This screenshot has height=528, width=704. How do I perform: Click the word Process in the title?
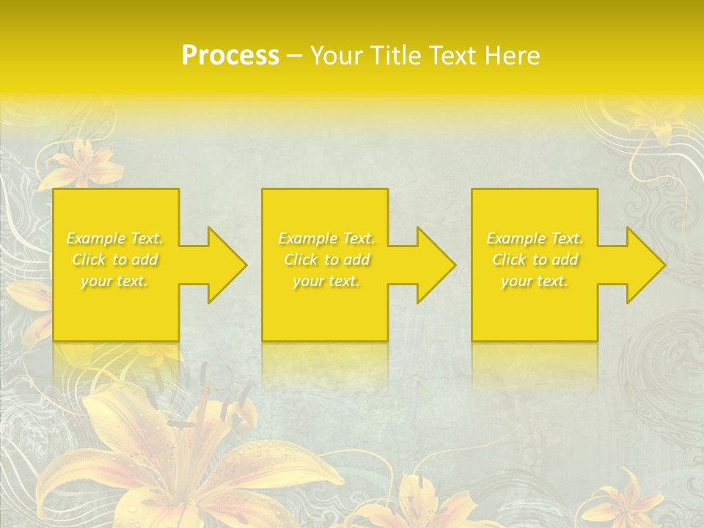230,56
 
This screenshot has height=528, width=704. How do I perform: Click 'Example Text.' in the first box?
114,238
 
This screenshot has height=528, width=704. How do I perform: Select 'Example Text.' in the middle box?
326,238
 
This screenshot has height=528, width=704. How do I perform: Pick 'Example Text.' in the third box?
535,238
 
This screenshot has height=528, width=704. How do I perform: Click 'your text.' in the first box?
114,281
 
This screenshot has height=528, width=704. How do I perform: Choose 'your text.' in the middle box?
326,281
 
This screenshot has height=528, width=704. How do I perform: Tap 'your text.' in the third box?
535,281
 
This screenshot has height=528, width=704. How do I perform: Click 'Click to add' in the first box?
114,260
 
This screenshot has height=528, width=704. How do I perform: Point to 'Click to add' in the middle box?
326,260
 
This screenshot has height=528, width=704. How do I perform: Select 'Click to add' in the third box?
535,260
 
